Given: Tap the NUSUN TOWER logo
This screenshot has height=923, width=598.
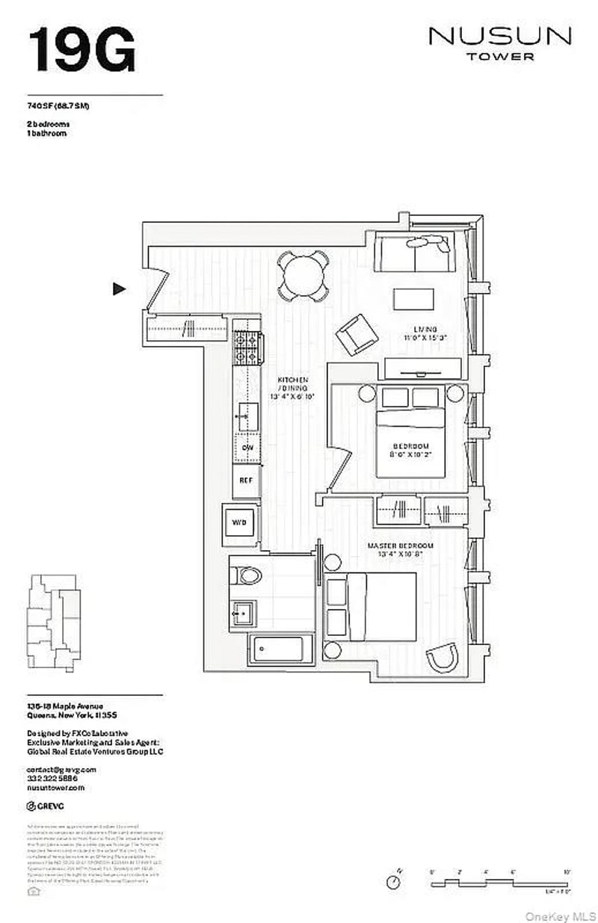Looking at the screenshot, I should [500, 43].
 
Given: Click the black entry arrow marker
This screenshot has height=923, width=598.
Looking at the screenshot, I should [119, 288].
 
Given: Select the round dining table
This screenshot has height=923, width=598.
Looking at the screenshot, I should [303, 275].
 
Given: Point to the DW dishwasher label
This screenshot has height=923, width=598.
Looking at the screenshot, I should [247, 448].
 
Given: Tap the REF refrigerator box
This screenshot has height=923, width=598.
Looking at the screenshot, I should [245, 482].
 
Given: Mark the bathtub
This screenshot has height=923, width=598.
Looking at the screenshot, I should [280, 649].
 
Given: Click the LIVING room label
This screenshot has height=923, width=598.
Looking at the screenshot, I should [431, 329].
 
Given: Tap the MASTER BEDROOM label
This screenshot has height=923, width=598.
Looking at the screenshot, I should [396, 546].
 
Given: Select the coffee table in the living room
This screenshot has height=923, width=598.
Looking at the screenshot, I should [413, 299].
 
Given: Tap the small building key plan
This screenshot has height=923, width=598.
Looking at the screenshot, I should [53, 611].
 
